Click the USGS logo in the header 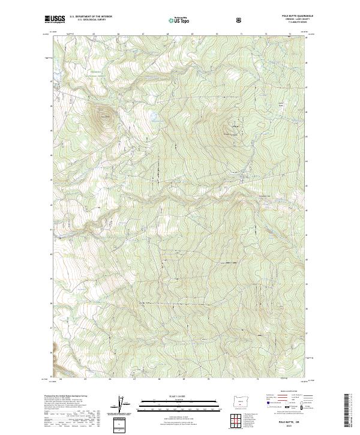point(55,19)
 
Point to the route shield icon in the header point(239,20)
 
